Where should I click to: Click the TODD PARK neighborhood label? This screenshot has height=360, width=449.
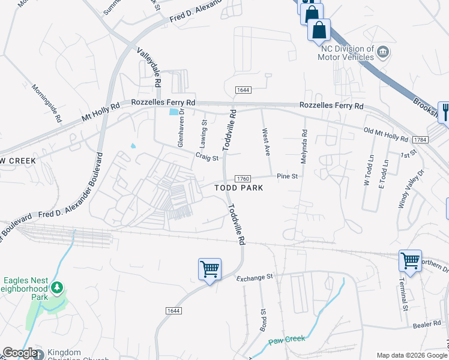pyautogui.click(x=240, y=188)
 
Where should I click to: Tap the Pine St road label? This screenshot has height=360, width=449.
pyautogui.click(x=288, y=176)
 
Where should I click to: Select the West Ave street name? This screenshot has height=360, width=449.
pyautogui.click(x=265, y=141)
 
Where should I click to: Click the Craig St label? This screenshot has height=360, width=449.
pyautogui.click(x=206, y=157)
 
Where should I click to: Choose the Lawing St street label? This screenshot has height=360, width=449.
pyautogui.click(x=203, y=134)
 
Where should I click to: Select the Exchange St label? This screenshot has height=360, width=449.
pyautogui.click(x=255, y=278)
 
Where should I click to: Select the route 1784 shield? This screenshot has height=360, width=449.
pyautogui.click(x=420, y=139)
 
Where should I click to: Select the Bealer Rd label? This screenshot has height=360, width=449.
pyautogui.click(x=427, y=325)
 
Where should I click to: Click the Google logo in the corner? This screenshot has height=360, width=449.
pyautogui.click(x=20, y=353)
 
